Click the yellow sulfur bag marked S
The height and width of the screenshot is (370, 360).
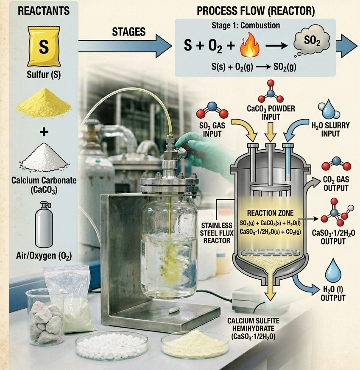tap(44, 46)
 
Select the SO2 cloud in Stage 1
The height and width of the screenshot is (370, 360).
tap(312, 42)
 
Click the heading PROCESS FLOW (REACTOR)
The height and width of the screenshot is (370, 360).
tap(256, 11)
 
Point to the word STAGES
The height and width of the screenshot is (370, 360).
tap(128, 32)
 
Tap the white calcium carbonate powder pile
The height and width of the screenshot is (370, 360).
tap(44, 157)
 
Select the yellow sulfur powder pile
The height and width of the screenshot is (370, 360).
tap(44, 103)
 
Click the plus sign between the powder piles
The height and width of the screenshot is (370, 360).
tap(44, 132)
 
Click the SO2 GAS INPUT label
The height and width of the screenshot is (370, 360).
tap(212, 130)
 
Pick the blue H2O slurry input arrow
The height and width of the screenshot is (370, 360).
tap(295, 130)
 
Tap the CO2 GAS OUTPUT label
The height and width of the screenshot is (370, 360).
tap(336, 184)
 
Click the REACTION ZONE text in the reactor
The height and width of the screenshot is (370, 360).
tap(270, 213)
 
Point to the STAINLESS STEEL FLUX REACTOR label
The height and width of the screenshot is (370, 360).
tap(217, 233)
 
